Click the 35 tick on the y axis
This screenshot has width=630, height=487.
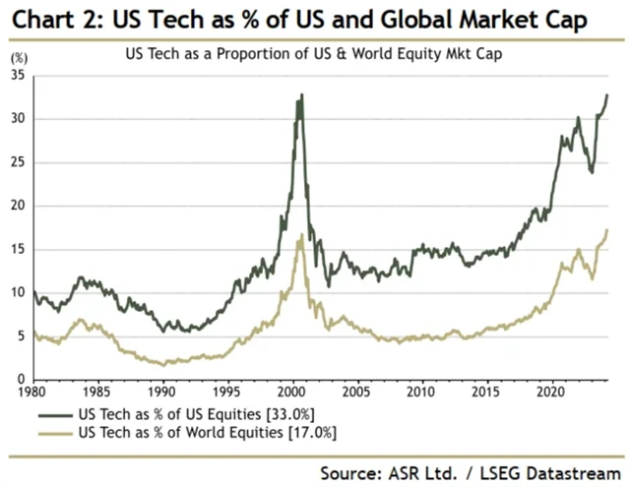click(x=19, y=76)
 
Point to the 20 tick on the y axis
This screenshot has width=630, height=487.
click(x=19, y=206)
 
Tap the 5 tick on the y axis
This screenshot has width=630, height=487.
click(x=22, y=335)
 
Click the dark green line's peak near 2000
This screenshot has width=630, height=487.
click(x=301, y=94)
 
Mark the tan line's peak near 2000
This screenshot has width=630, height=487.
click(x=300, y=233)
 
